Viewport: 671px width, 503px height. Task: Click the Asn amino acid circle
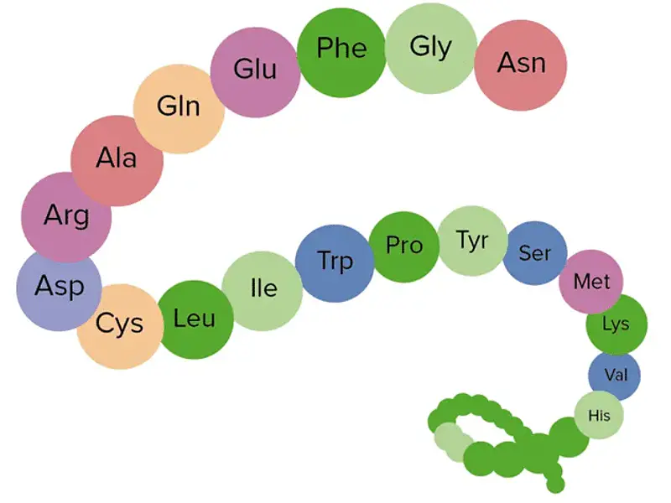[520, 65]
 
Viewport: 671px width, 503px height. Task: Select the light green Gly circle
[431, 48]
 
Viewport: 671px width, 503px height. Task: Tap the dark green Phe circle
[341, 52]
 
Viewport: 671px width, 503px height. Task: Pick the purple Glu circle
[256, 72]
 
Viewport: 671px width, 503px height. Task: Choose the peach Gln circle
[179, 109]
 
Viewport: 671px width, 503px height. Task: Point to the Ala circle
[117, 160]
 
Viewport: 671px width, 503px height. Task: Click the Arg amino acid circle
[66, 217]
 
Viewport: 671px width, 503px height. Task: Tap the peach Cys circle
[121, 326]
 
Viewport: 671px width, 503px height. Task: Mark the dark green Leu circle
[195, 319]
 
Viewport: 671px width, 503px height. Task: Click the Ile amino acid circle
[263, 291]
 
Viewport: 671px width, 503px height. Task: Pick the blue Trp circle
[335, 263]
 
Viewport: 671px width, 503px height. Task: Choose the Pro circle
[404, 246]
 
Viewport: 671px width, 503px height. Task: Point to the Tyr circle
[473, 241]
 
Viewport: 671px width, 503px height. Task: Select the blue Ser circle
[535, 253]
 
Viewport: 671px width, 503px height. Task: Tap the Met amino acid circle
[591, 282]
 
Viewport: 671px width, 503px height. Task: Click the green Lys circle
[616, 324]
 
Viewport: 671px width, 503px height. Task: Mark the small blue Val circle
[615, 375]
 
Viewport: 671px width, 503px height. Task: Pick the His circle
[599, 415]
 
